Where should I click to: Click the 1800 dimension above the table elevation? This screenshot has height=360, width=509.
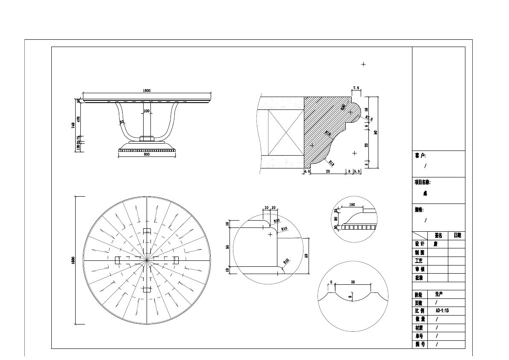[147, 91]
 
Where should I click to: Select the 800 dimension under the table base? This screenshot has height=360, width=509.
[147, 154]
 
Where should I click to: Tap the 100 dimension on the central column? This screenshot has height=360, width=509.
[147, 111]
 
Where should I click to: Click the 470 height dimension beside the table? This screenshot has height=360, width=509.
[78, 119]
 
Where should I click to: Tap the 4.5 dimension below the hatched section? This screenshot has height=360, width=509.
[306, 171]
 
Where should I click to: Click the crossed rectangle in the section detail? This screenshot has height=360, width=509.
[285, 132]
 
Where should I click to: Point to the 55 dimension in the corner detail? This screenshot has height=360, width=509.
[227, 247]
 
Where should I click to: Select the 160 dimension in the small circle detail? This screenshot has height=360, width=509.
[352, 205]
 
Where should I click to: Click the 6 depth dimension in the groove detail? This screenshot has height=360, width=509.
[350, 296]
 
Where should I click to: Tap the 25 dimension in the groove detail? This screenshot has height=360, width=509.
[353, 282]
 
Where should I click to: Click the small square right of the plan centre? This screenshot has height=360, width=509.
[175, 260]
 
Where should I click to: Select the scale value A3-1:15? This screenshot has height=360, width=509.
[442, 311]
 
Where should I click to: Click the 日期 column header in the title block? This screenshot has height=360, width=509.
[457, 236]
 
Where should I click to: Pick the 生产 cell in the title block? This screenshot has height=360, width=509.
[439, 294]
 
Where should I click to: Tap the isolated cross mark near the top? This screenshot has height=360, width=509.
[363, 64]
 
